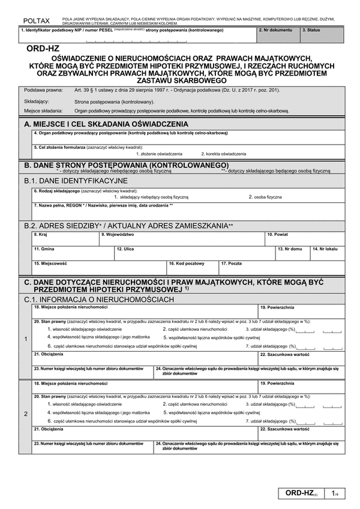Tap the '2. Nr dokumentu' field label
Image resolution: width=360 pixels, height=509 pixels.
point(274,29)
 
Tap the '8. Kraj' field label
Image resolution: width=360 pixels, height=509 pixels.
point(40,234)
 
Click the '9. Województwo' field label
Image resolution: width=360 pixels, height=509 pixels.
point(118,234)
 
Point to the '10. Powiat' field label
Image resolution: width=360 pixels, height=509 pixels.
point(278,234)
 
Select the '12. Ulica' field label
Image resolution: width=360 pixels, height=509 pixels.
point(125,248)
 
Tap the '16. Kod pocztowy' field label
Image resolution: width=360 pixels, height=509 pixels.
point(187,263)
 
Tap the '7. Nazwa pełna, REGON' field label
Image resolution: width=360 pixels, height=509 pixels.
point(104,205)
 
